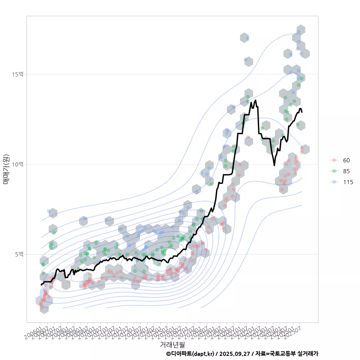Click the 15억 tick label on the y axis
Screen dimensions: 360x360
(x=18, y=74)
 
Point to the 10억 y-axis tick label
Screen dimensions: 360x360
(x=18, y=164)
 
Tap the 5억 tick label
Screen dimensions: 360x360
(x=19, y=254)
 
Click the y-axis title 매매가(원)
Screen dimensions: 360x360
(x=6, y=169)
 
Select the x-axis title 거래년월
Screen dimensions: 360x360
(x=172, y=344)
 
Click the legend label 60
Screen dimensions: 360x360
(x=346, y=160)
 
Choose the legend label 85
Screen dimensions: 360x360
(x=346, y=171)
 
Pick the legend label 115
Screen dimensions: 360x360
(x=348, y=182)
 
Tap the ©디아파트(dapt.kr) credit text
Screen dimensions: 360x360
(x=191, y=354)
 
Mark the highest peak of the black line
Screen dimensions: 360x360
(x=255, y=100)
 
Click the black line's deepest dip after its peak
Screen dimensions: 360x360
(x=274, y=165)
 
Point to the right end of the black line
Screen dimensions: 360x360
(x=302, y=112)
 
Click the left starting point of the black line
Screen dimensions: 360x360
(x=41, y=285)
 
